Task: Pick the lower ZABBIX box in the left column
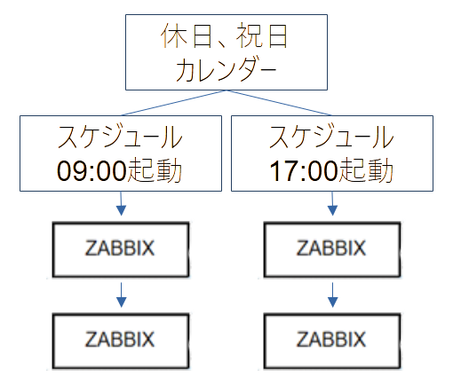coord(120,339)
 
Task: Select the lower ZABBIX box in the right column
coord(331,339)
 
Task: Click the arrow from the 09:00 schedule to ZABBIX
coord(120,206)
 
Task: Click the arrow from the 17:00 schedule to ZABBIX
coord(331,206)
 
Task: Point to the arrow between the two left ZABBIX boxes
coord(120,295)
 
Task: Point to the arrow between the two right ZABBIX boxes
coord(331,295)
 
